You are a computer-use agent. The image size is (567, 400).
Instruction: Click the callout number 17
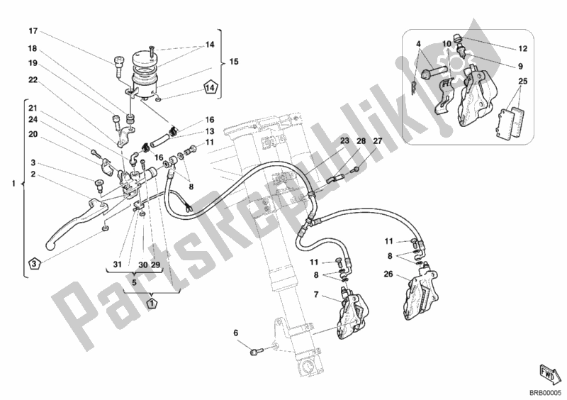click(33, 31)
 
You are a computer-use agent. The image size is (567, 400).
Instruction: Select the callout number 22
click(33, 79)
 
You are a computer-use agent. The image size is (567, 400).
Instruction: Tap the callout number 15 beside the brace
click(234, 62)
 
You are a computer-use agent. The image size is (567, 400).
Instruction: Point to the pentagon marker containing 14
click(210, 87)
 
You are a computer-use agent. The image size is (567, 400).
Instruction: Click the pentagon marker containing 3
click(33, 263)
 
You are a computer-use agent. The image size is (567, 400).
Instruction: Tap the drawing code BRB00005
click(546, 392)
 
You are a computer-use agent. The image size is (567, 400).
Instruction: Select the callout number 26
click(388, 274)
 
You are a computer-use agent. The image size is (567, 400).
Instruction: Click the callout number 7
click(316, 294)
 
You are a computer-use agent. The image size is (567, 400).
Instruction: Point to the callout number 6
click(236, 333)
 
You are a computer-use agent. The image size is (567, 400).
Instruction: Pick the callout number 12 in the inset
click(522, 48)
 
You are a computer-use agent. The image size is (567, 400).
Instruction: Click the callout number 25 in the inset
click(522, 81)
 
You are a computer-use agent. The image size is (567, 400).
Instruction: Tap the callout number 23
click(345, 141)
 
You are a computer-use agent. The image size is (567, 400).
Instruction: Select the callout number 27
click(378, 141)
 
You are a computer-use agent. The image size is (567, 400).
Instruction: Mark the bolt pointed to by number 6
click(255, 351)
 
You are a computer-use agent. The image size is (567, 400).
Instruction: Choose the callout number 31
click(117, 265)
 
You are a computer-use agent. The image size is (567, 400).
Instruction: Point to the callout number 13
click(210, 131)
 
